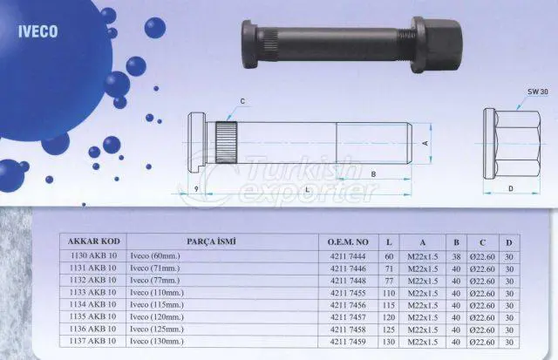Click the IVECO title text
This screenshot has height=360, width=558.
[37, 31]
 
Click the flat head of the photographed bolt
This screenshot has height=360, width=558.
[250, 44]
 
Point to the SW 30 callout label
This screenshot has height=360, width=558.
[537, 92]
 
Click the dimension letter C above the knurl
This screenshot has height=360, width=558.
[242, 101]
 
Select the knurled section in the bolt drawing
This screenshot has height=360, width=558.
[227, 143]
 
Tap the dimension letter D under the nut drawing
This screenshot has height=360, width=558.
[511, 188]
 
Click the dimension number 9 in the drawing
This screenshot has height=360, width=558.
[196, 189]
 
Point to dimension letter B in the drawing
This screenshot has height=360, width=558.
[373, 174]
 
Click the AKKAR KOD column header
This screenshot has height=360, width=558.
[93, 241]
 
